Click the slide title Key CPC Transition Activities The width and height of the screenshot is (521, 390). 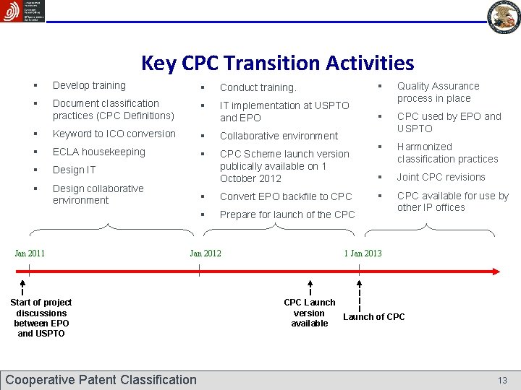[x=277, y=64]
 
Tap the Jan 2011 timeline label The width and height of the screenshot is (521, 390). [x=30, y=253]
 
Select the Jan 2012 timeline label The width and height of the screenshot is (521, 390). [x=206, y=253]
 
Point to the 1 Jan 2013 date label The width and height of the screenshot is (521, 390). [x=363, y=253]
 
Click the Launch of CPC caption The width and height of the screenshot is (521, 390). [x=373, y=317]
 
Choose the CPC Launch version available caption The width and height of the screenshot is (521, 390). [x=310, y=313]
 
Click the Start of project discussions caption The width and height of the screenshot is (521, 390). [x=41, y=318]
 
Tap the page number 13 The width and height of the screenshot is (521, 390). [x=502, y=380]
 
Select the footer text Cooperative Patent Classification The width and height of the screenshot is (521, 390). [x=101, y=380]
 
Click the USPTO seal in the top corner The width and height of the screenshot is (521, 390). [x=504, y=17]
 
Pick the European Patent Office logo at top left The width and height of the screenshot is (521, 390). [x=22, y=12]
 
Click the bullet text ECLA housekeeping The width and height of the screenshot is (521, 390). [x=99, y=152]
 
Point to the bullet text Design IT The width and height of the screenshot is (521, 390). [x=74, y=170]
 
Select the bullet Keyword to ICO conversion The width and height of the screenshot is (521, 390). [x=114, y=134]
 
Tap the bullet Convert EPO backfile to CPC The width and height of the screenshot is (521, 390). [x=286, y=196]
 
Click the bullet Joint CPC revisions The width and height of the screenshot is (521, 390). [x=441, y=177]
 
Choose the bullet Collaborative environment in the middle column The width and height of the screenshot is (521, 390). [x=279, y=136]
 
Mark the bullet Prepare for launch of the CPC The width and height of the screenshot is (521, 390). [x=287, y=214]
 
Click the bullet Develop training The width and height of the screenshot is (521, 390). [x=89, y=85]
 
